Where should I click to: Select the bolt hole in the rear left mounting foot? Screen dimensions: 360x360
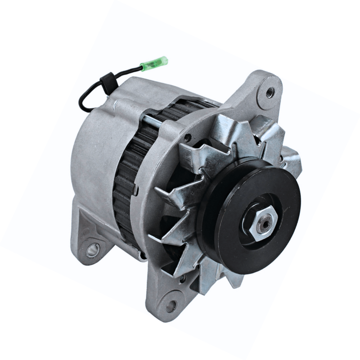click(x=92, y=248)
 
